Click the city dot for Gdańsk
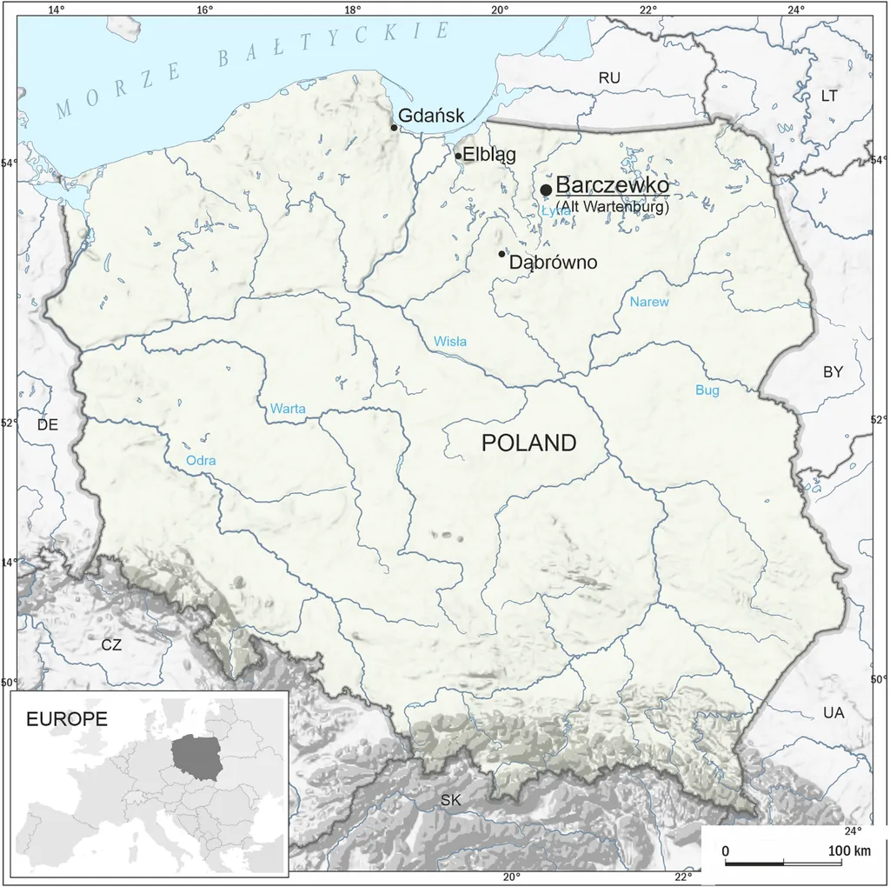point(394,128)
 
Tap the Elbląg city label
point(489,156)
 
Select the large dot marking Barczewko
point(546,190)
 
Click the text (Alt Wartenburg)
point(613,208)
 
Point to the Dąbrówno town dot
point(501,254)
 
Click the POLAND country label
point(528,443)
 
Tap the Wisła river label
point(450,342)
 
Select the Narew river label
point(649,303)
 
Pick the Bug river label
point(707,390)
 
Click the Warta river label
point(288,407)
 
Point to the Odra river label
point(201,460)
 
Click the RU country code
point(609,78)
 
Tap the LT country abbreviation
point(829,96)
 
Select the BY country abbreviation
point(833,371)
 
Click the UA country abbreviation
point(833,713)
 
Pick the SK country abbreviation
point(450,800)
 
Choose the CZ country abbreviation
point(111,645)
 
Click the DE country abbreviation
point(47,425)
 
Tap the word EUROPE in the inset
point(67,719)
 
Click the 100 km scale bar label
point(850,850)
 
